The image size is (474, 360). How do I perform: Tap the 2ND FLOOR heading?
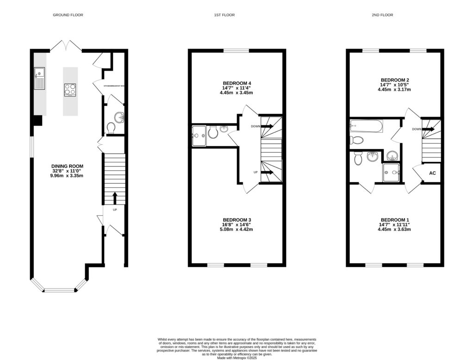(382, 15)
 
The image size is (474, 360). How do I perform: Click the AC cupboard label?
(433, 173)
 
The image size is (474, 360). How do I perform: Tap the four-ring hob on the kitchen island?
(70, 89)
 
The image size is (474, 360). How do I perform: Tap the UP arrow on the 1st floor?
(268, 173)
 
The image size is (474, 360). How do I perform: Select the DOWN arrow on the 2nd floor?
(428, 129)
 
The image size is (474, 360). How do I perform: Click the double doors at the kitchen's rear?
(65, 46)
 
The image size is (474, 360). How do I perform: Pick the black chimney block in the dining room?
(37, 120)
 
